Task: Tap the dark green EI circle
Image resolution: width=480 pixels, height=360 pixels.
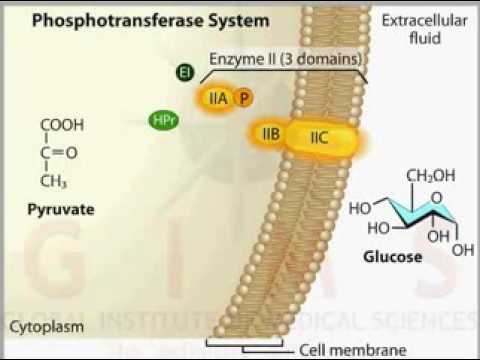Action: point(184,72)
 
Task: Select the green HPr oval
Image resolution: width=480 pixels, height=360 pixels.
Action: point(163,121)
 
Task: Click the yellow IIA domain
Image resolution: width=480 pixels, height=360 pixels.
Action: point(218,98)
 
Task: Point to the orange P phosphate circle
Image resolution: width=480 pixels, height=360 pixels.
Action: point(244,98)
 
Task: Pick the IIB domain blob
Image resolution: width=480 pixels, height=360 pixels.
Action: point(269,133)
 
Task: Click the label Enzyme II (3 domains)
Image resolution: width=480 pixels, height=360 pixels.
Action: point(285,59)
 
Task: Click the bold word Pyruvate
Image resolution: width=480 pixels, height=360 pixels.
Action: point(61,210)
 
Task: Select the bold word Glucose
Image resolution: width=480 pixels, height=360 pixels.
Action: point(391,257)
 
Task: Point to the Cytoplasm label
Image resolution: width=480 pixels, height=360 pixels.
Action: point(46,328)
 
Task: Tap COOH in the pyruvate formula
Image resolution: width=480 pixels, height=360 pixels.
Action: point(62,126)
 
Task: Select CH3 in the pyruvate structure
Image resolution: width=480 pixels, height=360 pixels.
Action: point(54,183)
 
